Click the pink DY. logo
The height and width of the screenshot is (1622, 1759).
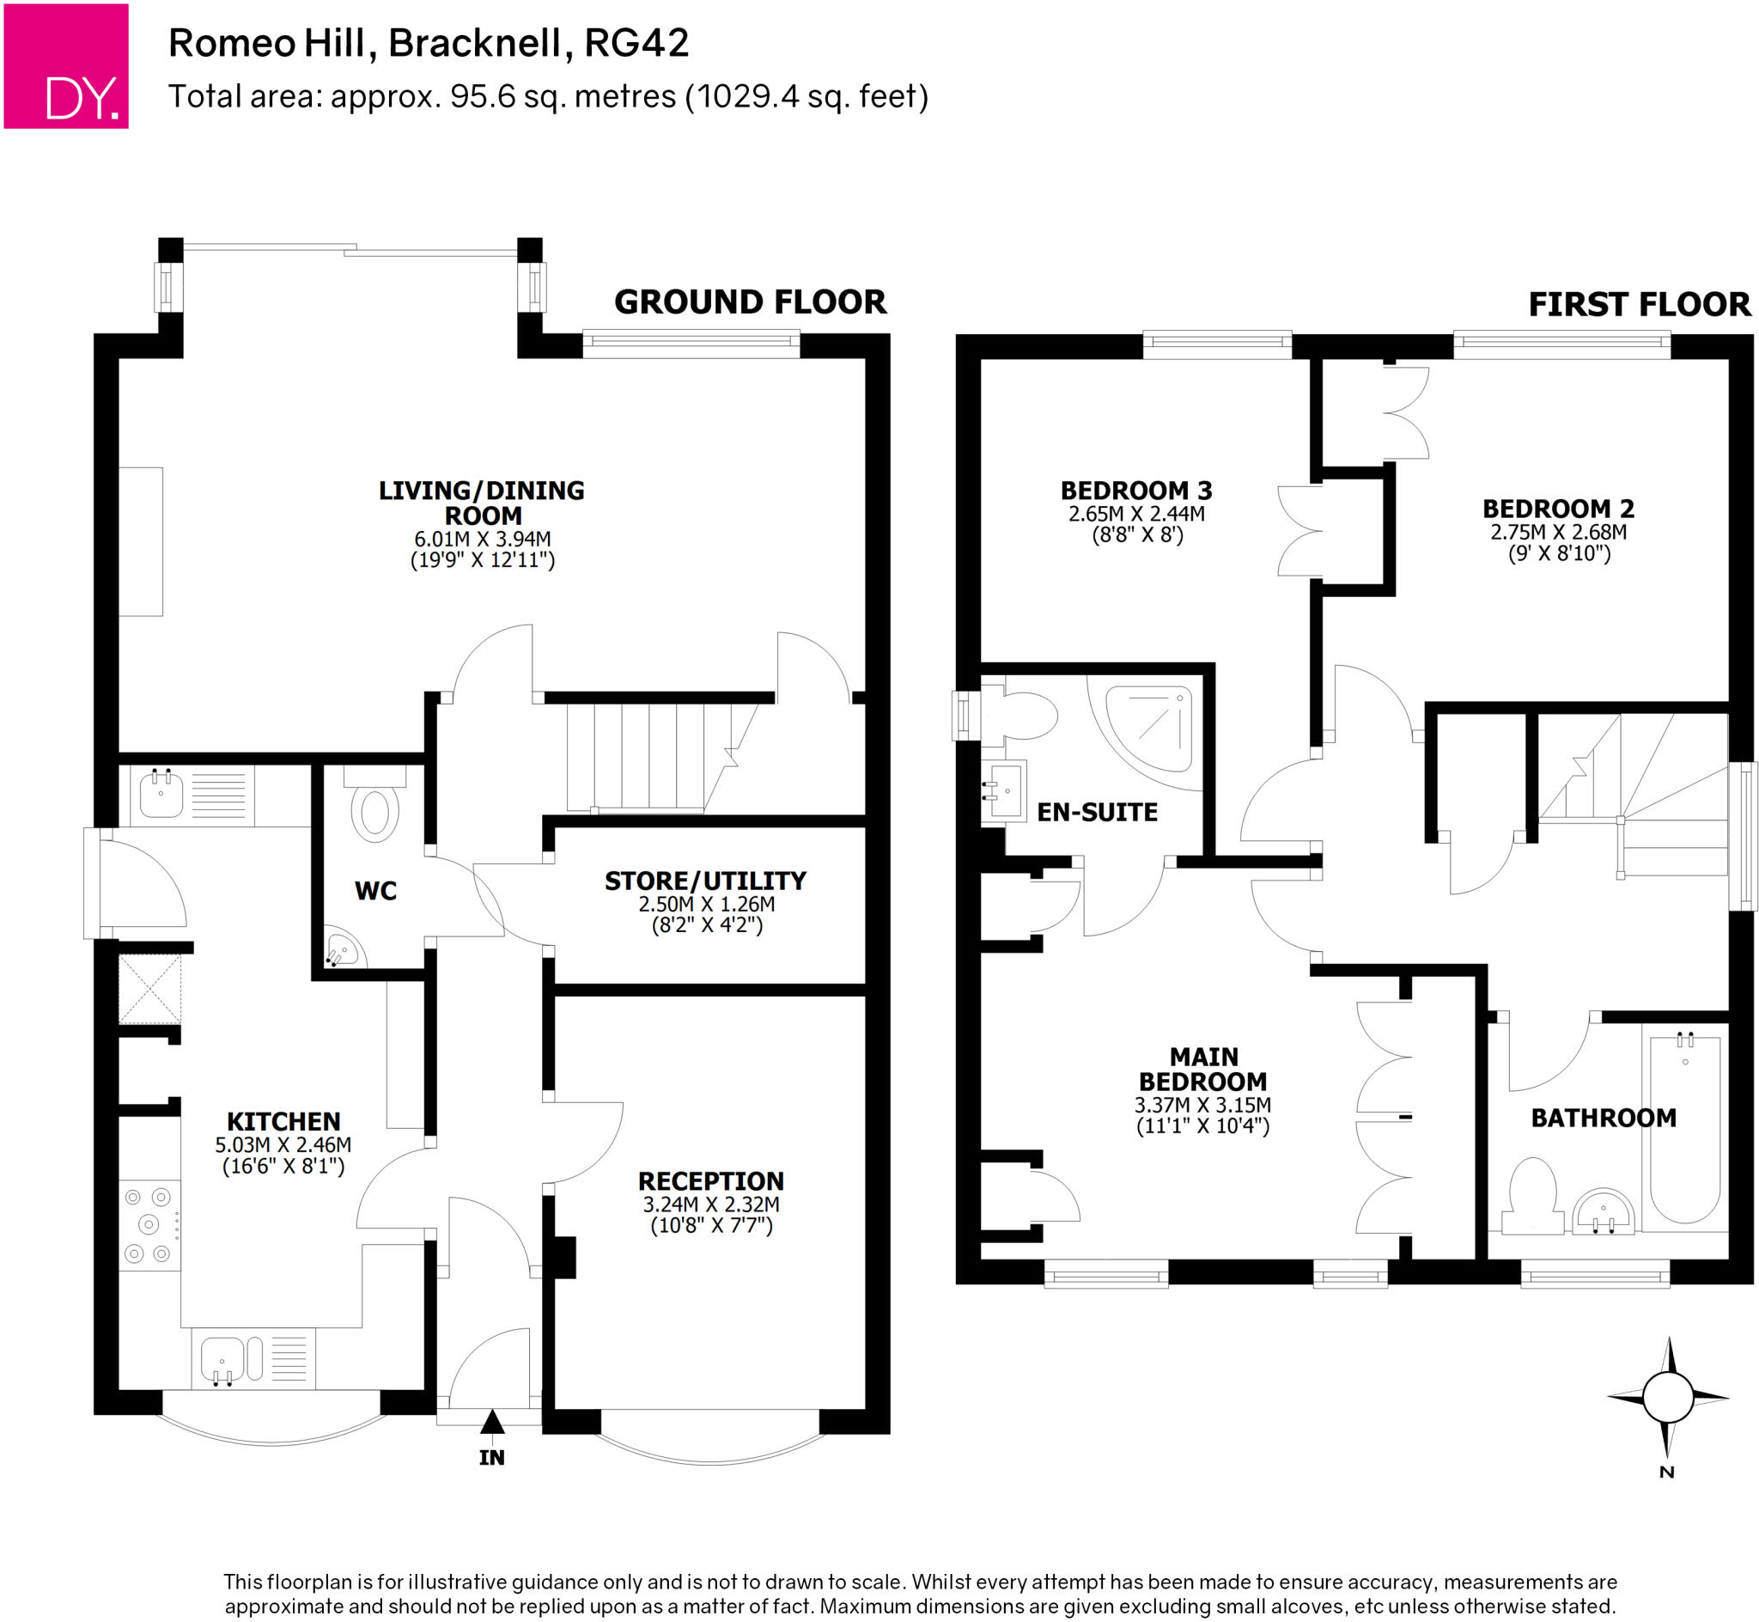tap(66, 67)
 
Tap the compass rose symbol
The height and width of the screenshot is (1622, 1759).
tap(1667, 1397)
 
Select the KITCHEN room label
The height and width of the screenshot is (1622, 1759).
tap(283, 1122)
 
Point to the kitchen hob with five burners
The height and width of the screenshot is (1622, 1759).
tap(149, 1225)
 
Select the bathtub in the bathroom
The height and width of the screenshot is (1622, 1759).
tap(1684, 1129)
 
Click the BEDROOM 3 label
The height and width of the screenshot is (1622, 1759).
tap(1136, 491)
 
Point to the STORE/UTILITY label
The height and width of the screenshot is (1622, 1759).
tap(705, 881)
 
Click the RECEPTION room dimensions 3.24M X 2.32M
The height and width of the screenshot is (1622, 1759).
tap(710, 1204)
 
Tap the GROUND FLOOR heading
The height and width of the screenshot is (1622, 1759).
tap(750, 302)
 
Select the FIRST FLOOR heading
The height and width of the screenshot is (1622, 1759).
tap(1639, 305)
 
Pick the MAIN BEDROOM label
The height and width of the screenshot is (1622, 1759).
tap(1202, 1069)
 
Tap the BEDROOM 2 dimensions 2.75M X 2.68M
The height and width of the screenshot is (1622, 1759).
tap(1558, 532)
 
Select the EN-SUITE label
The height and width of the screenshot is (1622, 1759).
tap(1097, 813)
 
